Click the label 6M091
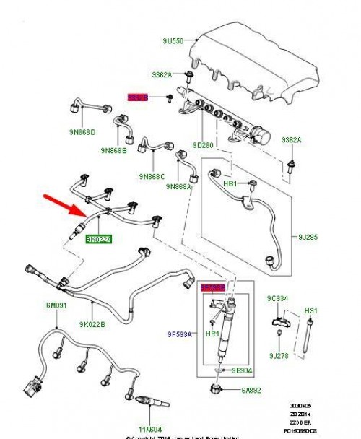click(58, 306)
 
